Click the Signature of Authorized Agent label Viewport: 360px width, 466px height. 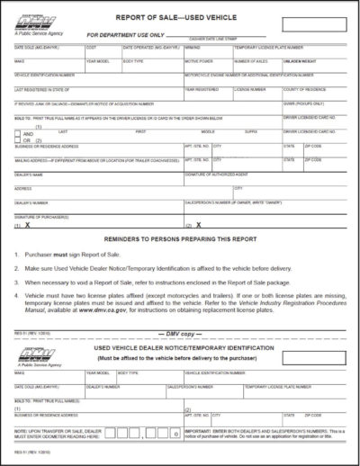pyautogui.click(x=219, y=174)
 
